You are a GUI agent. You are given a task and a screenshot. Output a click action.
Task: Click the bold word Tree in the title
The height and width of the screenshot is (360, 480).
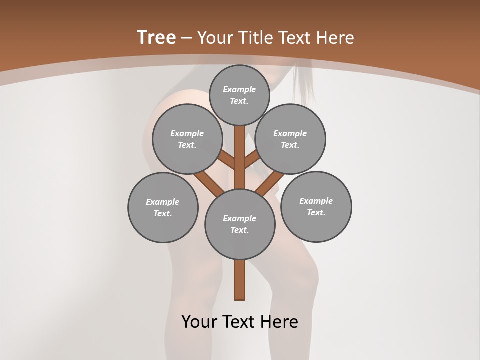point(156,37)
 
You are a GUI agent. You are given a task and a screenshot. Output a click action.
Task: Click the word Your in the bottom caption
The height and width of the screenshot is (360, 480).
point(198,322)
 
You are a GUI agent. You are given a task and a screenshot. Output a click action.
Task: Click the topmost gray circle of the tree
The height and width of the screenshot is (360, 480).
point(239,95)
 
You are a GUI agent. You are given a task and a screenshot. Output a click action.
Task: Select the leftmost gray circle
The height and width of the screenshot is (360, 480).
point(163,207)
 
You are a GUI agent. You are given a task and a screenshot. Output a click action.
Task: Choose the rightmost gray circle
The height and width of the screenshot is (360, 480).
point(316,206)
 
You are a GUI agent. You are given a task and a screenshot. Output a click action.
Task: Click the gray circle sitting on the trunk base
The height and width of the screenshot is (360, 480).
point(240,224)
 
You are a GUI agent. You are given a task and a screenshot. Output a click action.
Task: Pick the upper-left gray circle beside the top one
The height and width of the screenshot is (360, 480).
point(187,139)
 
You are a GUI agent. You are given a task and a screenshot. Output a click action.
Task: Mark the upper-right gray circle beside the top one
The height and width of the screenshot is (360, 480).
point(290,139)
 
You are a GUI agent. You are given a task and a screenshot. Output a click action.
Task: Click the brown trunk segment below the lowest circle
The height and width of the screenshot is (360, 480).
point(240,280)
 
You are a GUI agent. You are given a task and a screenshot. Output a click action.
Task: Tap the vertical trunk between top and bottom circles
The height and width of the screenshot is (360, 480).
point(240,157)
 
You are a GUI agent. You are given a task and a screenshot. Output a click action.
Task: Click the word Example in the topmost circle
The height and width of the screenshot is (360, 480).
point(239,89)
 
